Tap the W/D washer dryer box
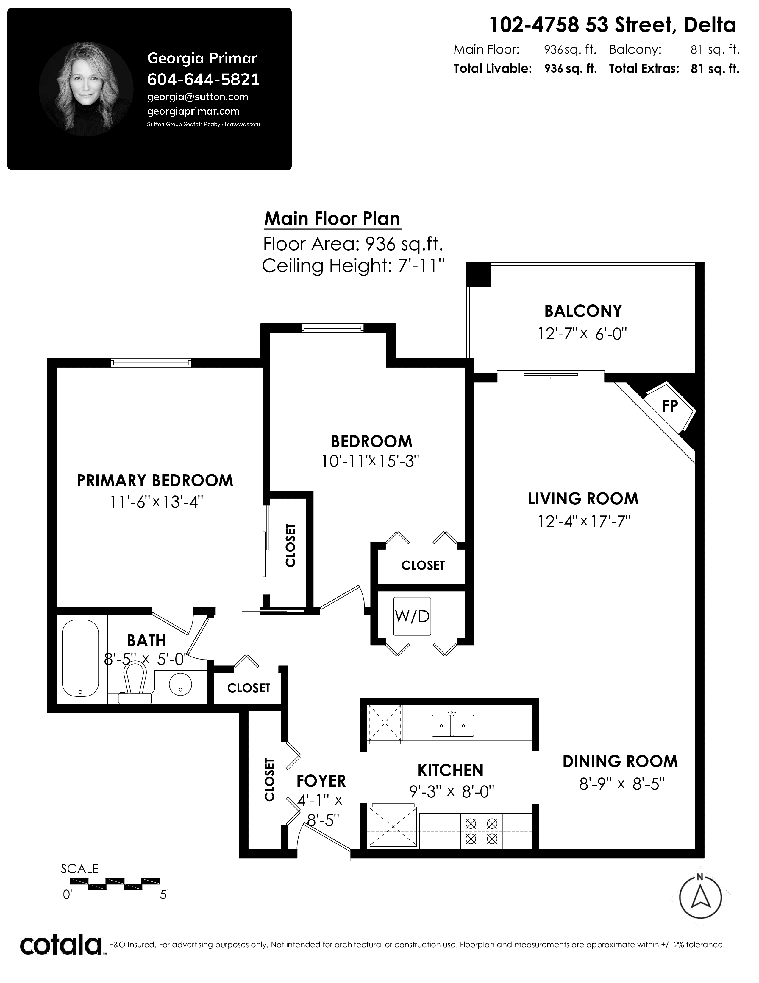(x=412, y=616)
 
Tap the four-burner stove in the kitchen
(x=482, y=831)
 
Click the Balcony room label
(x=583, y=311)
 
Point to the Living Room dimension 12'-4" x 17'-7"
(x=584, y=521)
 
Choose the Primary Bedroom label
(x=155, y=481)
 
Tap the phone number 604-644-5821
(x=204, y=79)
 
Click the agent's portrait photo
(x=86, y=89)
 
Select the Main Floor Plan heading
(x=332, y=219)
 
